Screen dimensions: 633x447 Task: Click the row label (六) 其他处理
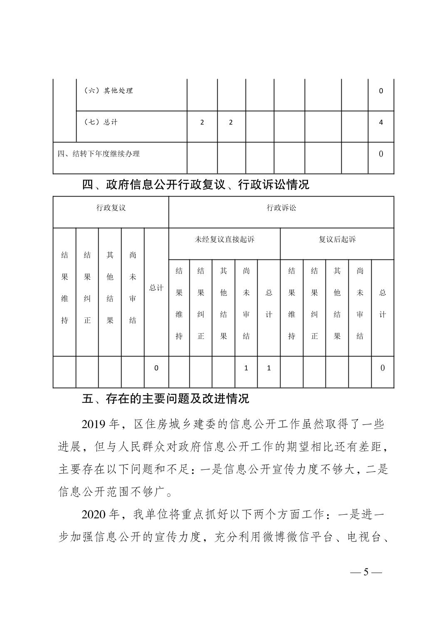coord(108,91)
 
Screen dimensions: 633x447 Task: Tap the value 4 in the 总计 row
coord(381,122)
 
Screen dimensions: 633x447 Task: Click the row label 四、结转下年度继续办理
coord(99,154)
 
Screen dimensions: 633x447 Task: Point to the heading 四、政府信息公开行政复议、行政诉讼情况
coord(196,184)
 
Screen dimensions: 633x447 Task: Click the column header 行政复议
coord(111,208)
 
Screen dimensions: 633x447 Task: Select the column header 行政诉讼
coord(281,208)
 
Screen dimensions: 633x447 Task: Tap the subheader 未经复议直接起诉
coord(224,239)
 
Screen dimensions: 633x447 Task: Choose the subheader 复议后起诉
coord(337,239)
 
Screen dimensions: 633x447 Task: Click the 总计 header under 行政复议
coord(156,288)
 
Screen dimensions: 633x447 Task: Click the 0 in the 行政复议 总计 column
coord(156,368)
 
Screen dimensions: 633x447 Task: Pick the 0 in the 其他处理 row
coord(381,91)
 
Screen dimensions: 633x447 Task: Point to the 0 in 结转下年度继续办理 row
coord(381,154)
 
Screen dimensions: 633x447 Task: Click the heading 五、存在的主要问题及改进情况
coord(166,399)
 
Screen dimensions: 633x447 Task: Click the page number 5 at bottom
coord(366,572)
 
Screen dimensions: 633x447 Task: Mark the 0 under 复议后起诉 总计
coord(382,368)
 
